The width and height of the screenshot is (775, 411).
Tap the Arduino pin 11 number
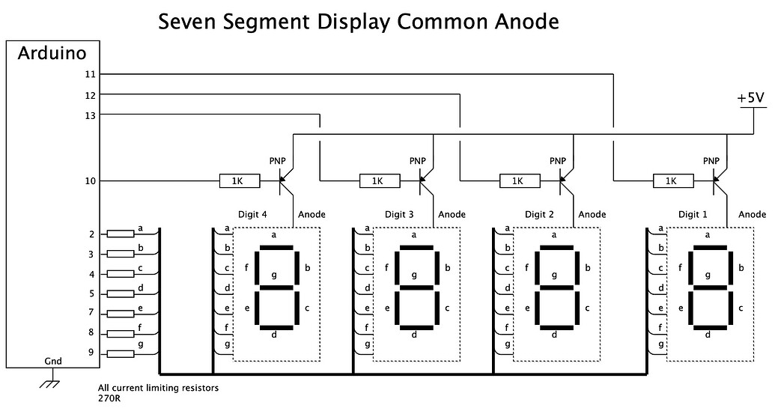91,74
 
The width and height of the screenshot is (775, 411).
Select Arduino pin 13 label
91,115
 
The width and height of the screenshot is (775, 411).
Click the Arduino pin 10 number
91,180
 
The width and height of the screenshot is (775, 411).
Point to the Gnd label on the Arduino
53,361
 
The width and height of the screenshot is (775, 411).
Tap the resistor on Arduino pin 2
121,234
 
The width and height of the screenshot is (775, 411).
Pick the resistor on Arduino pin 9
121,353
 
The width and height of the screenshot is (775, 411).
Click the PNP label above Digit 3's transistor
418,161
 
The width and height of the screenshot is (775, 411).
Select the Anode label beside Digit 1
752,215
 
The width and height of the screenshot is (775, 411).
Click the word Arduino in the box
52,53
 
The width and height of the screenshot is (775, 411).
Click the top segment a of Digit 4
274,246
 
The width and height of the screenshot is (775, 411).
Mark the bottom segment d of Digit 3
414,327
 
